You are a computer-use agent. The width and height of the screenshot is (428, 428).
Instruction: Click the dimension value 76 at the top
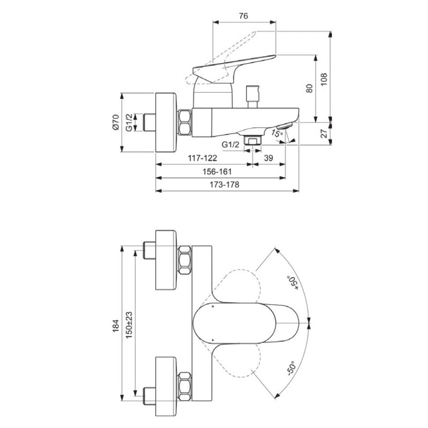pyautogui.click(x=243, y=16)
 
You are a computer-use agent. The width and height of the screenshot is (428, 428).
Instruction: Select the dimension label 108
pyautogui.click(x=324, y=79)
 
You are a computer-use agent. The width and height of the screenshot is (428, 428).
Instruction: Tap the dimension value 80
pyautogui.click(x=309, y=88)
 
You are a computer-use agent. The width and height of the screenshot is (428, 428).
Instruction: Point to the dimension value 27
pyautogui.click(x=324, y=133)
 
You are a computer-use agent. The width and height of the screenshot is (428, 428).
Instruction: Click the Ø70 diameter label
pyautogui.click(x=116, y=123)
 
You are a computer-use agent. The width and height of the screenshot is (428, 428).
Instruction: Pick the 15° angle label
pyautogui.click(x=277, y=133)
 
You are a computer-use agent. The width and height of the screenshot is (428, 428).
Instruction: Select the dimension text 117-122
pyautogui.click(x=202, y=158)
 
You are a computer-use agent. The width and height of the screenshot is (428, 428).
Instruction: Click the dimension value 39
pyautogui.click(x=269, y=158)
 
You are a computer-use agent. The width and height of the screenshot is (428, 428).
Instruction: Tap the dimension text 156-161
pyautogui.click(x=217, y=171)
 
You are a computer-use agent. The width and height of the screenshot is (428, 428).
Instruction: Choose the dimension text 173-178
pyautogui.click(x=224, y=185)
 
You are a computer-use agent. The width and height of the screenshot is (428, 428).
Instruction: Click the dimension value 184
pyautogui.click(x=116, y=326)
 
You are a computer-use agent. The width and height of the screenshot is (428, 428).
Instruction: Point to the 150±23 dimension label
pyautogui.click(x=129, y=325)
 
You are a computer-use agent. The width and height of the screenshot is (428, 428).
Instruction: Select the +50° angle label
pyautogui.click(x=292, y=283)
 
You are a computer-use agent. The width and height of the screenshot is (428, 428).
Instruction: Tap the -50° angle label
pyautogui.click(x=291, y=369)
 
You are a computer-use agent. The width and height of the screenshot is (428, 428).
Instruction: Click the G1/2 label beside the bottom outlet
pyautogui.click(x=230, y=144)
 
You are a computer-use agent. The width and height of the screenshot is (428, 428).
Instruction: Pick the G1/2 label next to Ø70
pyautogui.click(x=129, y=123)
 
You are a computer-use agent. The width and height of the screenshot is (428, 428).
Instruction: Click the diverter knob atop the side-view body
pyautogui.click(x=252, y=97)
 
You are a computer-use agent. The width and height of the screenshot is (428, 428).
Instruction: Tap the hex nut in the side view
pyautogui.click(x=185, y=123)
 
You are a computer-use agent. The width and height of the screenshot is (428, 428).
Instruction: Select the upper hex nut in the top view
pyautogui.click(x=185, y=260)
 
